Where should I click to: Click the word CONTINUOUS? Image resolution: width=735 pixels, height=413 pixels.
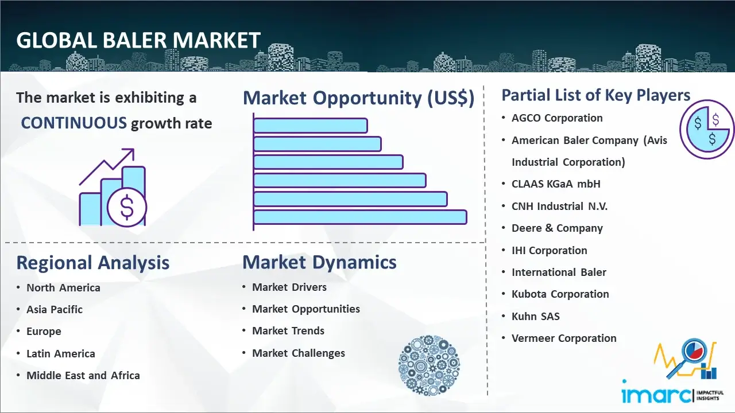tap(74, 123)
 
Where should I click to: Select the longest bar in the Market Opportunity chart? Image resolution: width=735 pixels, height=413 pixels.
tap(360, 217)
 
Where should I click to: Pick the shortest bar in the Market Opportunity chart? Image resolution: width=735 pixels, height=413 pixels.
tap(311, 126)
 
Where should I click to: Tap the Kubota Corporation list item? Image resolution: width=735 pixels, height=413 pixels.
tap(560, 294)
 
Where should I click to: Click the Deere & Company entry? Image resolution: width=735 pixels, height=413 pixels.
tap(557, 228)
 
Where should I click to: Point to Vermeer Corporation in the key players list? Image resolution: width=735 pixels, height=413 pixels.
tap(564, 338)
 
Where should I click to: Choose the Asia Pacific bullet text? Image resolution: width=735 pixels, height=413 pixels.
tap(55, 309)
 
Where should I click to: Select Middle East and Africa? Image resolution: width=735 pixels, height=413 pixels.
tap(83, 375)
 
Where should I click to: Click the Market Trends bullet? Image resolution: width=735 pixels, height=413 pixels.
tap(288, 331)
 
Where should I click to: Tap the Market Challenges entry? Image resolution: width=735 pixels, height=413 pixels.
tap(299, 353)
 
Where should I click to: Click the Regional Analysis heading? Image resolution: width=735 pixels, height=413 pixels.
tap(93, 263)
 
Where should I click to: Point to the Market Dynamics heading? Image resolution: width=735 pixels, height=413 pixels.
tap(319, 262)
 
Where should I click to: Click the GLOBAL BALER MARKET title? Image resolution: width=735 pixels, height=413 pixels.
tap(138, 40)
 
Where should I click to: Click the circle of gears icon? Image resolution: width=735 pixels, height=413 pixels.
tap(429, 365)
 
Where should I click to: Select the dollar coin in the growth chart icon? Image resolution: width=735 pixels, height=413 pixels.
tap(127, 207)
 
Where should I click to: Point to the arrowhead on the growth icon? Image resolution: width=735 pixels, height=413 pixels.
tap(129, 153)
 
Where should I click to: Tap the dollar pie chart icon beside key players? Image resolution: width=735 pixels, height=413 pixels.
tap(707, 130)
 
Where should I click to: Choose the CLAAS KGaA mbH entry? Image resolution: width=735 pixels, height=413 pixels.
tap(556, 184)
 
